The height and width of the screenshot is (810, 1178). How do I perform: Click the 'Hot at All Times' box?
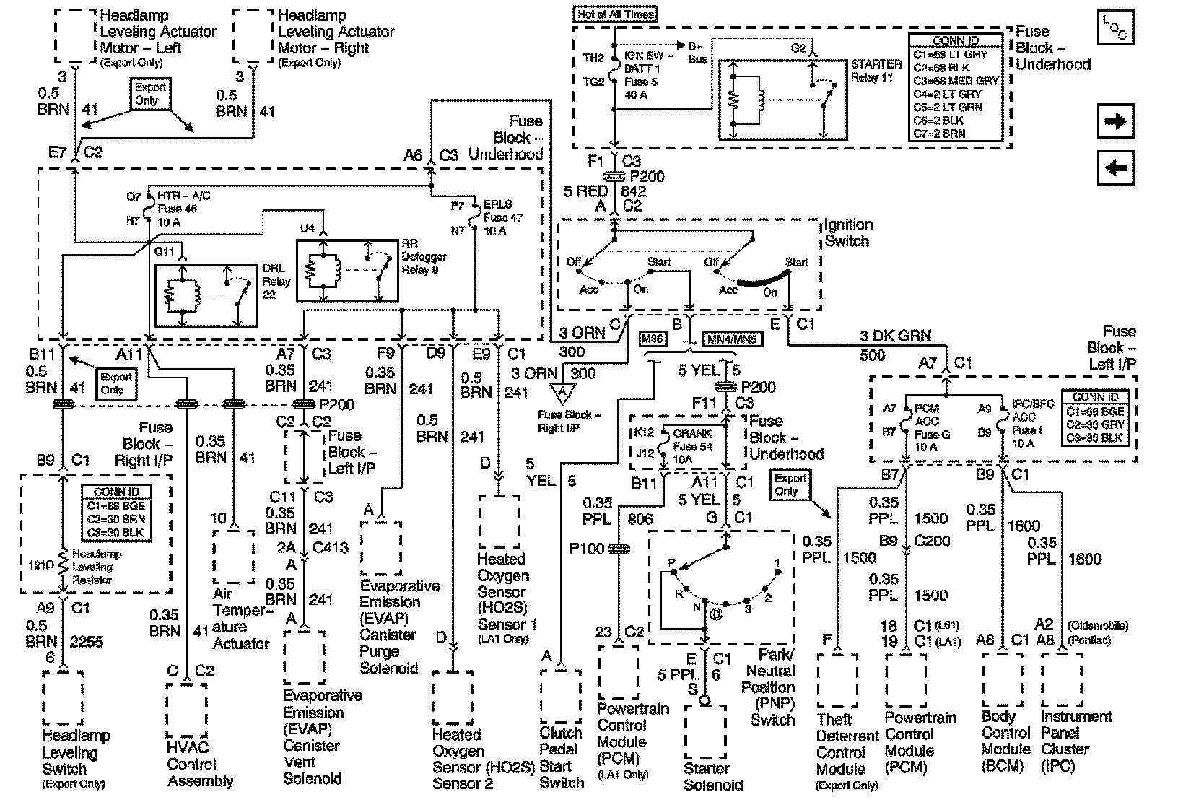click(616, 14)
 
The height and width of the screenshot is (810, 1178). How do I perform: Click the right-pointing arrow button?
click(1115, 121)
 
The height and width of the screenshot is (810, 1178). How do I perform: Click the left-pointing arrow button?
click(1115, 168)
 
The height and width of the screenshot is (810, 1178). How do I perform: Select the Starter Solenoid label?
click(712, 776)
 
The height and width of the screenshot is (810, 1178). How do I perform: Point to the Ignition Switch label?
click(848, 233)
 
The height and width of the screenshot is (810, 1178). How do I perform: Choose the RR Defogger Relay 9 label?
click(424, 257)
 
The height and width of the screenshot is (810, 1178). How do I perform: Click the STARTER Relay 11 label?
click(876, 71)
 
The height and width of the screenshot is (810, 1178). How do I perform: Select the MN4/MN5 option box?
click(732, 338)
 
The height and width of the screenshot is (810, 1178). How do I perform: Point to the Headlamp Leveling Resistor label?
click(97, 567)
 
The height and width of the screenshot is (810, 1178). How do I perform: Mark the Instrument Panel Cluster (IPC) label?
click(1076, 741)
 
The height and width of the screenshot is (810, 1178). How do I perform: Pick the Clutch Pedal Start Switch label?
click(562, 758)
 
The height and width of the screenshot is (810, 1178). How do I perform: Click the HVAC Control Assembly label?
click(200, 764)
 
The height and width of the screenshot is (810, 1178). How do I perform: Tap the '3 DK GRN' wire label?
click(894, 336)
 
